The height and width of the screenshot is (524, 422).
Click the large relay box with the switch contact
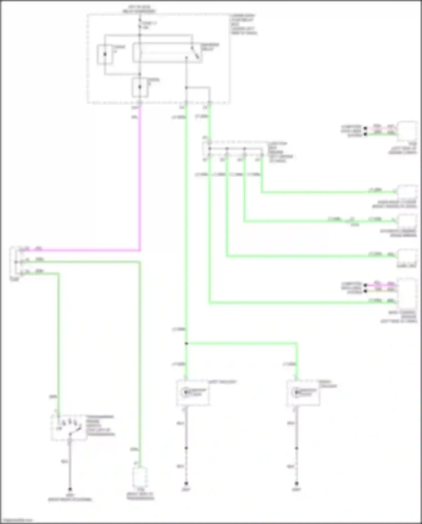pyautogui.click(x=167, y=53)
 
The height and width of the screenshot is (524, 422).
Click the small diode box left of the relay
pyautogui.click(x=105, y=54)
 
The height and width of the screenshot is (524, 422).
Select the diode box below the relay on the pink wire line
pyautogui.click(x=140, y=87)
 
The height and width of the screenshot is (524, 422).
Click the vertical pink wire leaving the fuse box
pyautogui.click(x=140, y=177)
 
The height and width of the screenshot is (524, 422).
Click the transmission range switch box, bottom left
pyautogui.click(x=69, y=427)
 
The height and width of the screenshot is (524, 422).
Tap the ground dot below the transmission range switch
pyautogui.click(x=70, y=489)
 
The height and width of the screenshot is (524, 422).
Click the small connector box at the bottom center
pyautogui.click(x=140, y=478)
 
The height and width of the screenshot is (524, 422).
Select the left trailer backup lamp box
pyautogui.click(x=193, y=393)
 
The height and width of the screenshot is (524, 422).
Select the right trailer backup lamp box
pyautogui.click(x=303, y=393)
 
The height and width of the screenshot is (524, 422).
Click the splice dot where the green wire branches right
pyautogui.click(x=186, y=343)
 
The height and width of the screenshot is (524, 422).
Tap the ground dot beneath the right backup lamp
pyautogui.click(x=296, y=483)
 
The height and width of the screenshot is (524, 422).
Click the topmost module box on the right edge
pyautogui.click(x=407, y=132)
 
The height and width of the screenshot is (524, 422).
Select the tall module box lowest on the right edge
pyautogui.click(x=407, y=294)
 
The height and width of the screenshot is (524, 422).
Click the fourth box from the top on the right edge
pyautogui.click(x=407, y=256)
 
